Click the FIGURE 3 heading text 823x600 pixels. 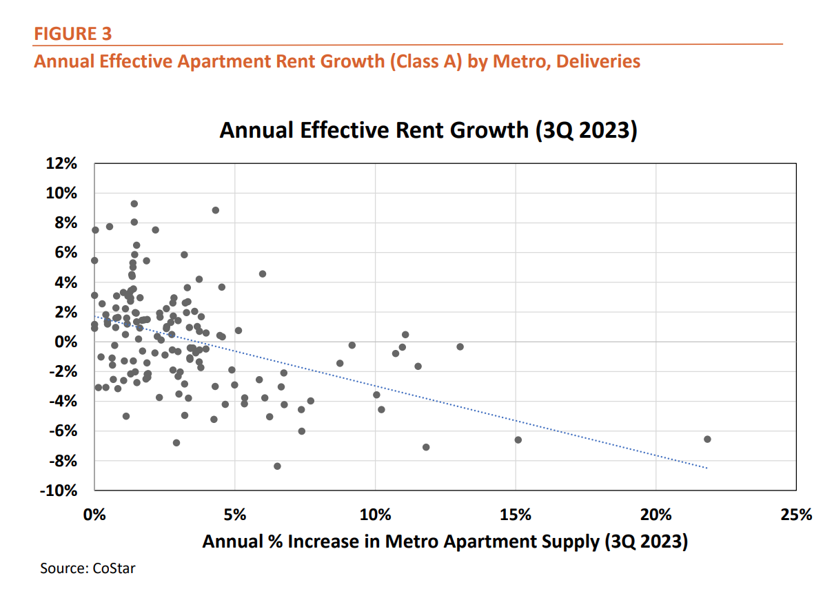[72, 33]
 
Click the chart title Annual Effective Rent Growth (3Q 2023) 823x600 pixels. [427, 130]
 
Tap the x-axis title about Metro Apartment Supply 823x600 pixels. [445, 541]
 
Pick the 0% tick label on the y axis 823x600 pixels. [71, 342]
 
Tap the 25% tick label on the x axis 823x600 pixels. [796, 515]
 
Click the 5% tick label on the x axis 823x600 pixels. [234, 515]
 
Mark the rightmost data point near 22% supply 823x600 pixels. [707, 439]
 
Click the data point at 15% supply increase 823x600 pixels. [518, 439]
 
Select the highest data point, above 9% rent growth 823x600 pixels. [134, 204]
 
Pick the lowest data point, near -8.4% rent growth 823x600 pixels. [277, 466]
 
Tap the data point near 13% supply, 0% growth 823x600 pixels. [460, 346]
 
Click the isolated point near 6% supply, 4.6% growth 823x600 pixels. [263, 273]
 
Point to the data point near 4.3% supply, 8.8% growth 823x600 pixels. [216, 210]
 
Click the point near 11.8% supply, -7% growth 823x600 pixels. [426, 447]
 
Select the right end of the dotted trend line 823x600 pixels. [707, 468]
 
